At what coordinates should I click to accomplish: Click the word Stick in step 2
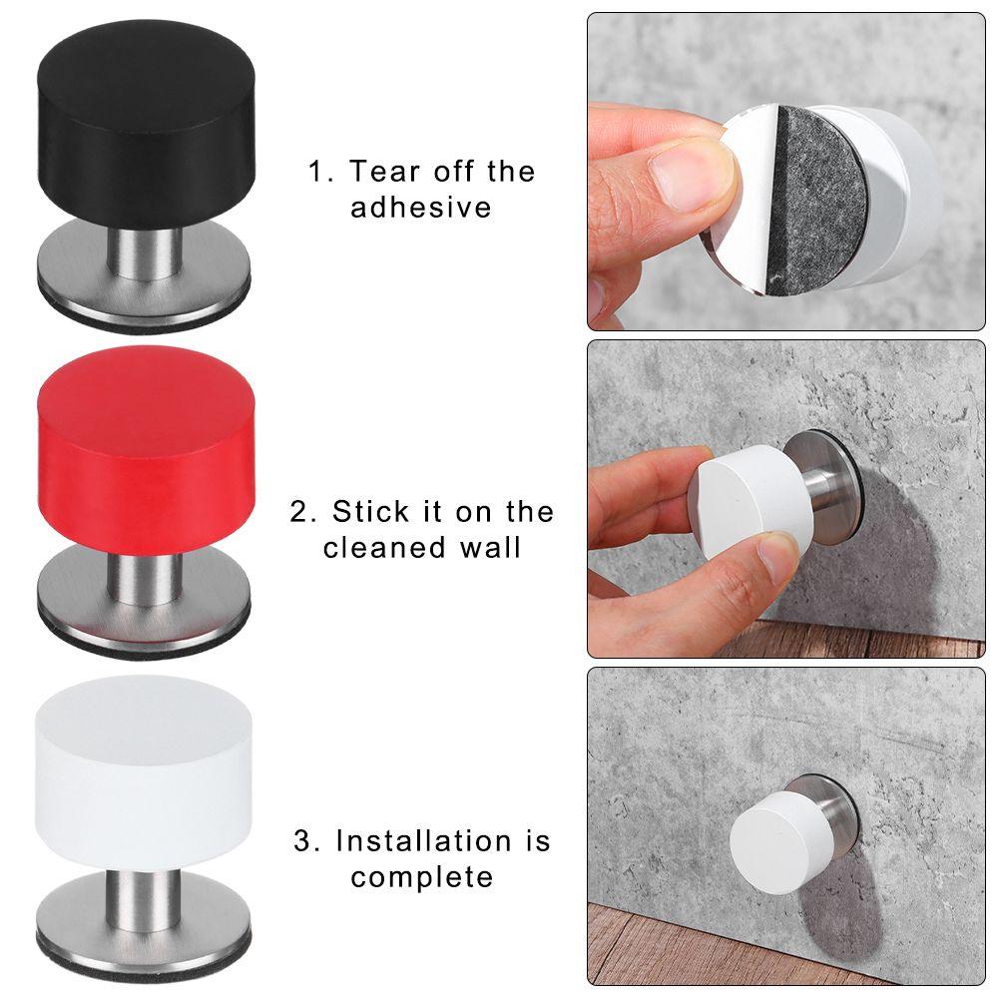point(371,512)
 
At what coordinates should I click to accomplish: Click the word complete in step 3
point(421,877)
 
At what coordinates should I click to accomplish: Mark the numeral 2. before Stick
point(302,512)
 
